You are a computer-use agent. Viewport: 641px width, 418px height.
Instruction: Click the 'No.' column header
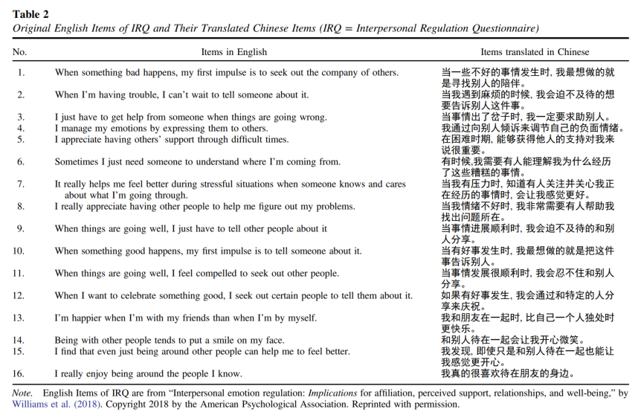point(20,52)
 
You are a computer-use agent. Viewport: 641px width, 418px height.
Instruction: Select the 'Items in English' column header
point(234,52)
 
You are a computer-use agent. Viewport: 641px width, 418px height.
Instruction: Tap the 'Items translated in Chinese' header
point(535,52)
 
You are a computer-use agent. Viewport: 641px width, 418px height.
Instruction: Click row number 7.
point(21,184)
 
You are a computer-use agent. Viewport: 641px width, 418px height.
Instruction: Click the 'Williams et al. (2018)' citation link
point(53,405)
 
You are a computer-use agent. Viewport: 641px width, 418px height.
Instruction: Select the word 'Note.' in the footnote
point(23,392)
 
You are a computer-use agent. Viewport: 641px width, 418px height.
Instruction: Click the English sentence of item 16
point(148,373)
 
